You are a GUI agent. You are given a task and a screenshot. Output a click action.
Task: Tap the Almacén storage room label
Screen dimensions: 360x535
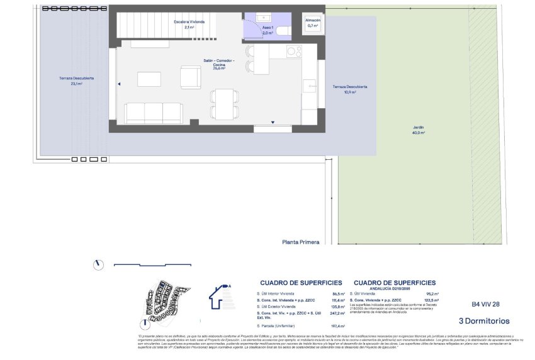tap(313, 20)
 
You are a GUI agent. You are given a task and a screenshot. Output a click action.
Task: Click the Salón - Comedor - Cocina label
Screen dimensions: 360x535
tap(218, 62)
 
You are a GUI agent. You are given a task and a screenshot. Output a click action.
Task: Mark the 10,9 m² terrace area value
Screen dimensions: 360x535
tap(350, 92)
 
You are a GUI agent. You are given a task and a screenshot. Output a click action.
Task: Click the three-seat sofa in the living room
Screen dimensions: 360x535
tap(154, 113)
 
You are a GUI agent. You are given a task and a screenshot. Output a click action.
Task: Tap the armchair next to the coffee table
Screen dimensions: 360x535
tap(190, 77)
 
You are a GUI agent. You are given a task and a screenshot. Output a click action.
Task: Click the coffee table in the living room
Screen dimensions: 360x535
tap(149, 79)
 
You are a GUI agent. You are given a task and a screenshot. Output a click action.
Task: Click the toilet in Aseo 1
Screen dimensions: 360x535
tap(282, 30)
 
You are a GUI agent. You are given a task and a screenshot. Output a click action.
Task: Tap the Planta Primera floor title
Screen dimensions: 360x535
tap(301, 242)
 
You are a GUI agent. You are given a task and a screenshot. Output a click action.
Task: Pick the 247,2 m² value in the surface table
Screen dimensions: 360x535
tap(338, 313)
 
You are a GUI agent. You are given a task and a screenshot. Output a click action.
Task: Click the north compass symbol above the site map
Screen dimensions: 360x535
tap(98, 265)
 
